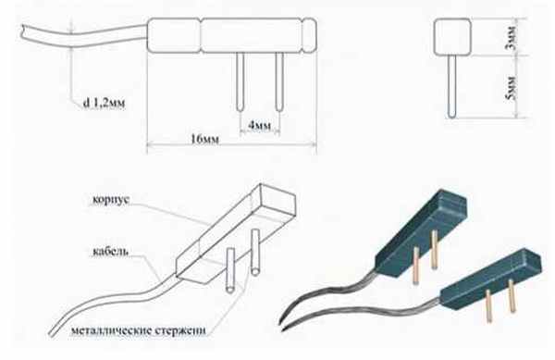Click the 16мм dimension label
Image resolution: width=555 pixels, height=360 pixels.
click(x=204, y=139)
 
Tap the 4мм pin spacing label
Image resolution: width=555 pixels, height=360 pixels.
click(x=259, y=126)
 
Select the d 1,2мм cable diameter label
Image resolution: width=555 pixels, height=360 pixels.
click(x=104, y=103)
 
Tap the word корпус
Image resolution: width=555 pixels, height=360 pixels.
click(x=111, y=199)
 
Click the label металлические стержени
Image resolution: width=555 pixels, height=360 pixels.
click(x=139, y=330)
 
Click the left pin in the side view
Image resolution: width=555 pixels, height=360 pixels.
click(x=240, y=81)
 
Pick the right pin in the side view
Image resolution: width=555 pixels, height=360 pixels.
click(x=279, y=81)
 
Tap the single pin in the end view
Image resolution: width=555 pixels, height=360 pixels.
click(x=451, y=86)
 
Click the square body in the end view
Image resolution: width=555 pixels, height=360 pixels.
click(x=452, y=37)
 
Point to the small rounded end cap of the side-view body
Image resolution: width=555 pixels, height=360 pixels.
click(x=309, y=35)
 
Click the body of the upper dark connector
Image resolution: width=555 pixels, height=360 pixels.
click(x=421, y=231)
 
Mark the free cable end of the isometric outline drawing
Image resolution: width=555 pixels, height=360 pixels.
click(x=52, y=333)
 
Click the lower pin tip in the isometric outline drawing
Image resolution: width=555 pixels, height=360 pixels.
click(x=230, y=290)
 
